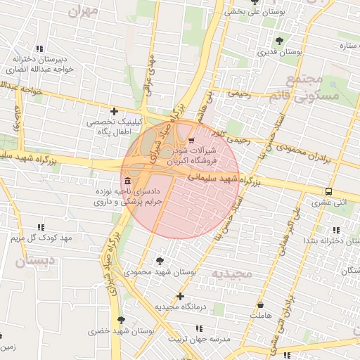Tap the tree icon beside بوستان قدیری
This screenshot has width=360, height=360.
[280, 40]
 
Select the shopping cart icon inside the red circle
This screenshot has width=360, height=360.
[192, 140]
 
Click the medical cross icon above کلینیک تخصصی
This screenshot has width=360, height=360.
[114, 110]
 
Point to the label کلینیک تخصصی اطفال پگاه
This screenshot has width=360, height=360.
[114, 127]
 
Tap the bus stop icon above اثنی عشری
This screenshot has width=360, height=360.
[328, 191]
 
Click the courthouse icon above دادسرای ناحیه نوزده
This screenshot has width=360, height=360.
[127, 181]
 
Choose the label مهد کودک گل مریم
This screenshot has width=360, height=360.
[41, 238]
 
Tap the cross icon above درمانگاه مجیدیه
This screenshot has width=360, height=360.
[181, 296]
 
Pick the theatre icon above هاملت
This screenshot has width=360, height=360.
[262, 306]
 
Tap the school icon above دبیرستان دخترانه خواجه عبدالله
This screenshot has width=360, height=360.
[39, 49]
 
